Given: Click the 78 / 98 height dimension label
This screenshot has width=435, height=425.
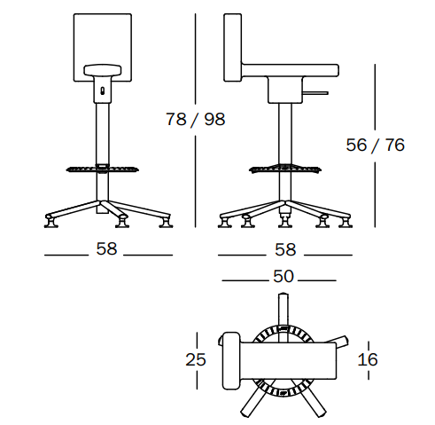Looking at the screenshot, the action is [x=196, y=119].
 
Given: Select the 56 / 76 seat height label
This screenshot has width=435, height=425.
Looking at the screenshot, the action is [x=375, y=145].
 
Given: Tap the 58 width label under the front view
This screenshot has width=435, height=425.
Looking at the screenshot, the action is [x=106, y=248].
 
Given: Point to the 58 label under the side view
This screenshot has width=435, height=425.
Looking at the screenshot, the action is [x=285, y=249].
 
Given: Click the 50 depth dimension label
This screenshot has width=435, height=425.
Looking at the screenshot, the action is [x=284, y=277].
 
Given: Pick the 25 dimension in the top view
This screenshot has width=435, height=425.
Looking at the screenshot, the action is [x=196, y=359].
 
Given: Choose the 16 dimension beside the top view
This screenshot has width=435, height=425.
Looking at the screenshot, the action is [x=368, y=359].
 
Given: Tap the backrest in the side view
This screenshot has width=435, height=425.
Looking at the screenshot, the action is [x=233, y=47].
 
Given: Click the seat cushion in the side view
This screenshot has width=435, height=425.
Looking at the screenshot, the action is [x=291, y=70].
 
